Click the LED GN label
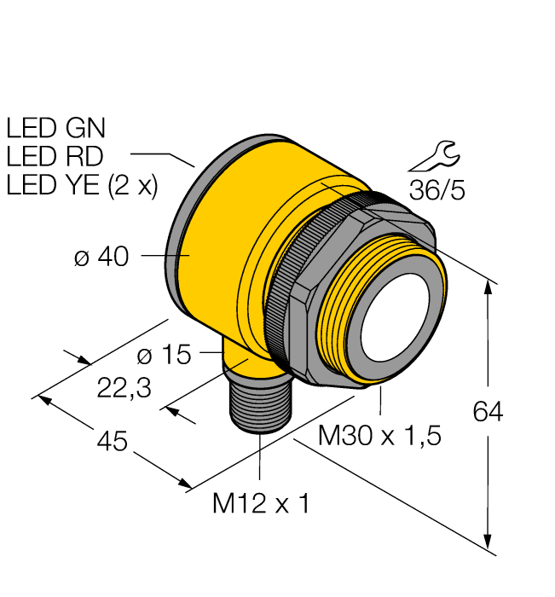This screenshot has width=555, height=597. (55, 128)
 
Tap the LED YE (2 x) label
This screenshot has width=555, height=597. (82, 185)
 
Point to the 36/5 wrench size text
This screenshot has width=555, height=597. (436, 190)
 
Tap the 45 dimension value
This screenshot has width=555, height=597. (112, 442)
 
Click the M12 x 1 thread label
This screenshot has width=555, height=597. (260, 504)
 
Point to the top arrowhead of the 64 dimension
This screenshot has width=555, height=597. (488, 287)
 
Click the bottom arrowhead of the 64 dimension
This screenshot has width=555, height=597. (488, 542)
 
